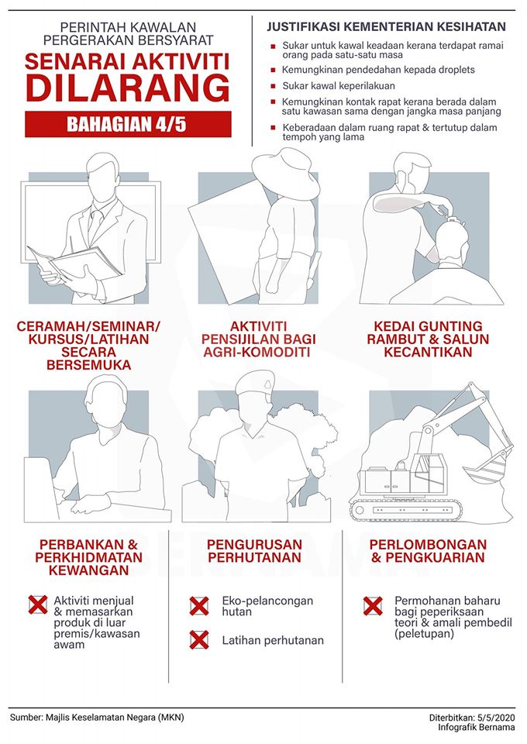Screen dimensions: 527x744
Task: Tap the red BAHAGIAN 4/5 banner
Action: click(x=128, y=124)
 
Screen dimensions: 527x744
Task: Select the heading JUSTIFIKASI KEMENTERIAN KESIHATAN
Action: click(x=386, y=26)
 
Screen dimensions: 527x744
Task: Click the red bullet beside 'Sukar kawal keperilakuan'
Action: click(x=273, y=86)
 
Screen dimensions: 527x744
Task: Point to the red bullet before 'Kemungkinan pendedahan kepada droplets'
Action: click(x=273, y=71)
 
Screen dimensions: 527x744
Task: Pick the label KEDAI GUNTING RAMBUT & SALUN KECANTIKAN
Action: click(x=428, y=339)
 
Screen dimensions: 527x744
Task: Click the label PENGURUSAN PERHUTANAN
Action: click(x=255, y=551)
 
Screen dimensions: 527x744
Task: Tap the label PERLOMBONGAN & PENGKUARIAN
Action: click(x=429, y=551)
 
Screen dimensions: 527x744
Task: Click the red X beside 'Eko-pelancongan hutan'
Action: click(x=199, y=606)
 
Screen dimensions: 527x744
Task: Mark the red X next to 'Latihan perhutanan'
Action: click(x=199, y=639)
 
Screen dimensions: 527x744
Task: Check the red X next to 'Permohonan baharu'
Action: click(x=374, y=606)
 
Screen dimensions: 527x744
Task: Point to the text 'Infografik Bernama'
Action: click(x=477, y=727)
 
